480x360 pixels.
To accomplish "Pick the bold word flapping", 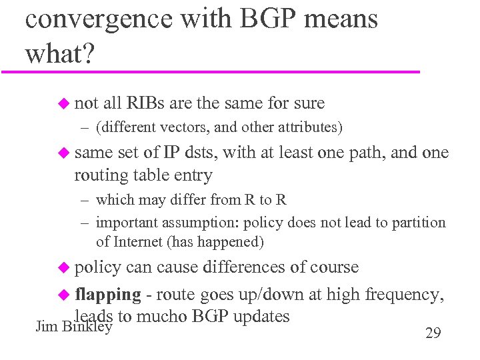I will point(108,294).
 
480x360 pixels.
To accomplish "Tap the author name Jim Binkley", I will point(73,327).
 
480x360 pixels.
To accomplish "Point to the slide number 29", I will point(433,333).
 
